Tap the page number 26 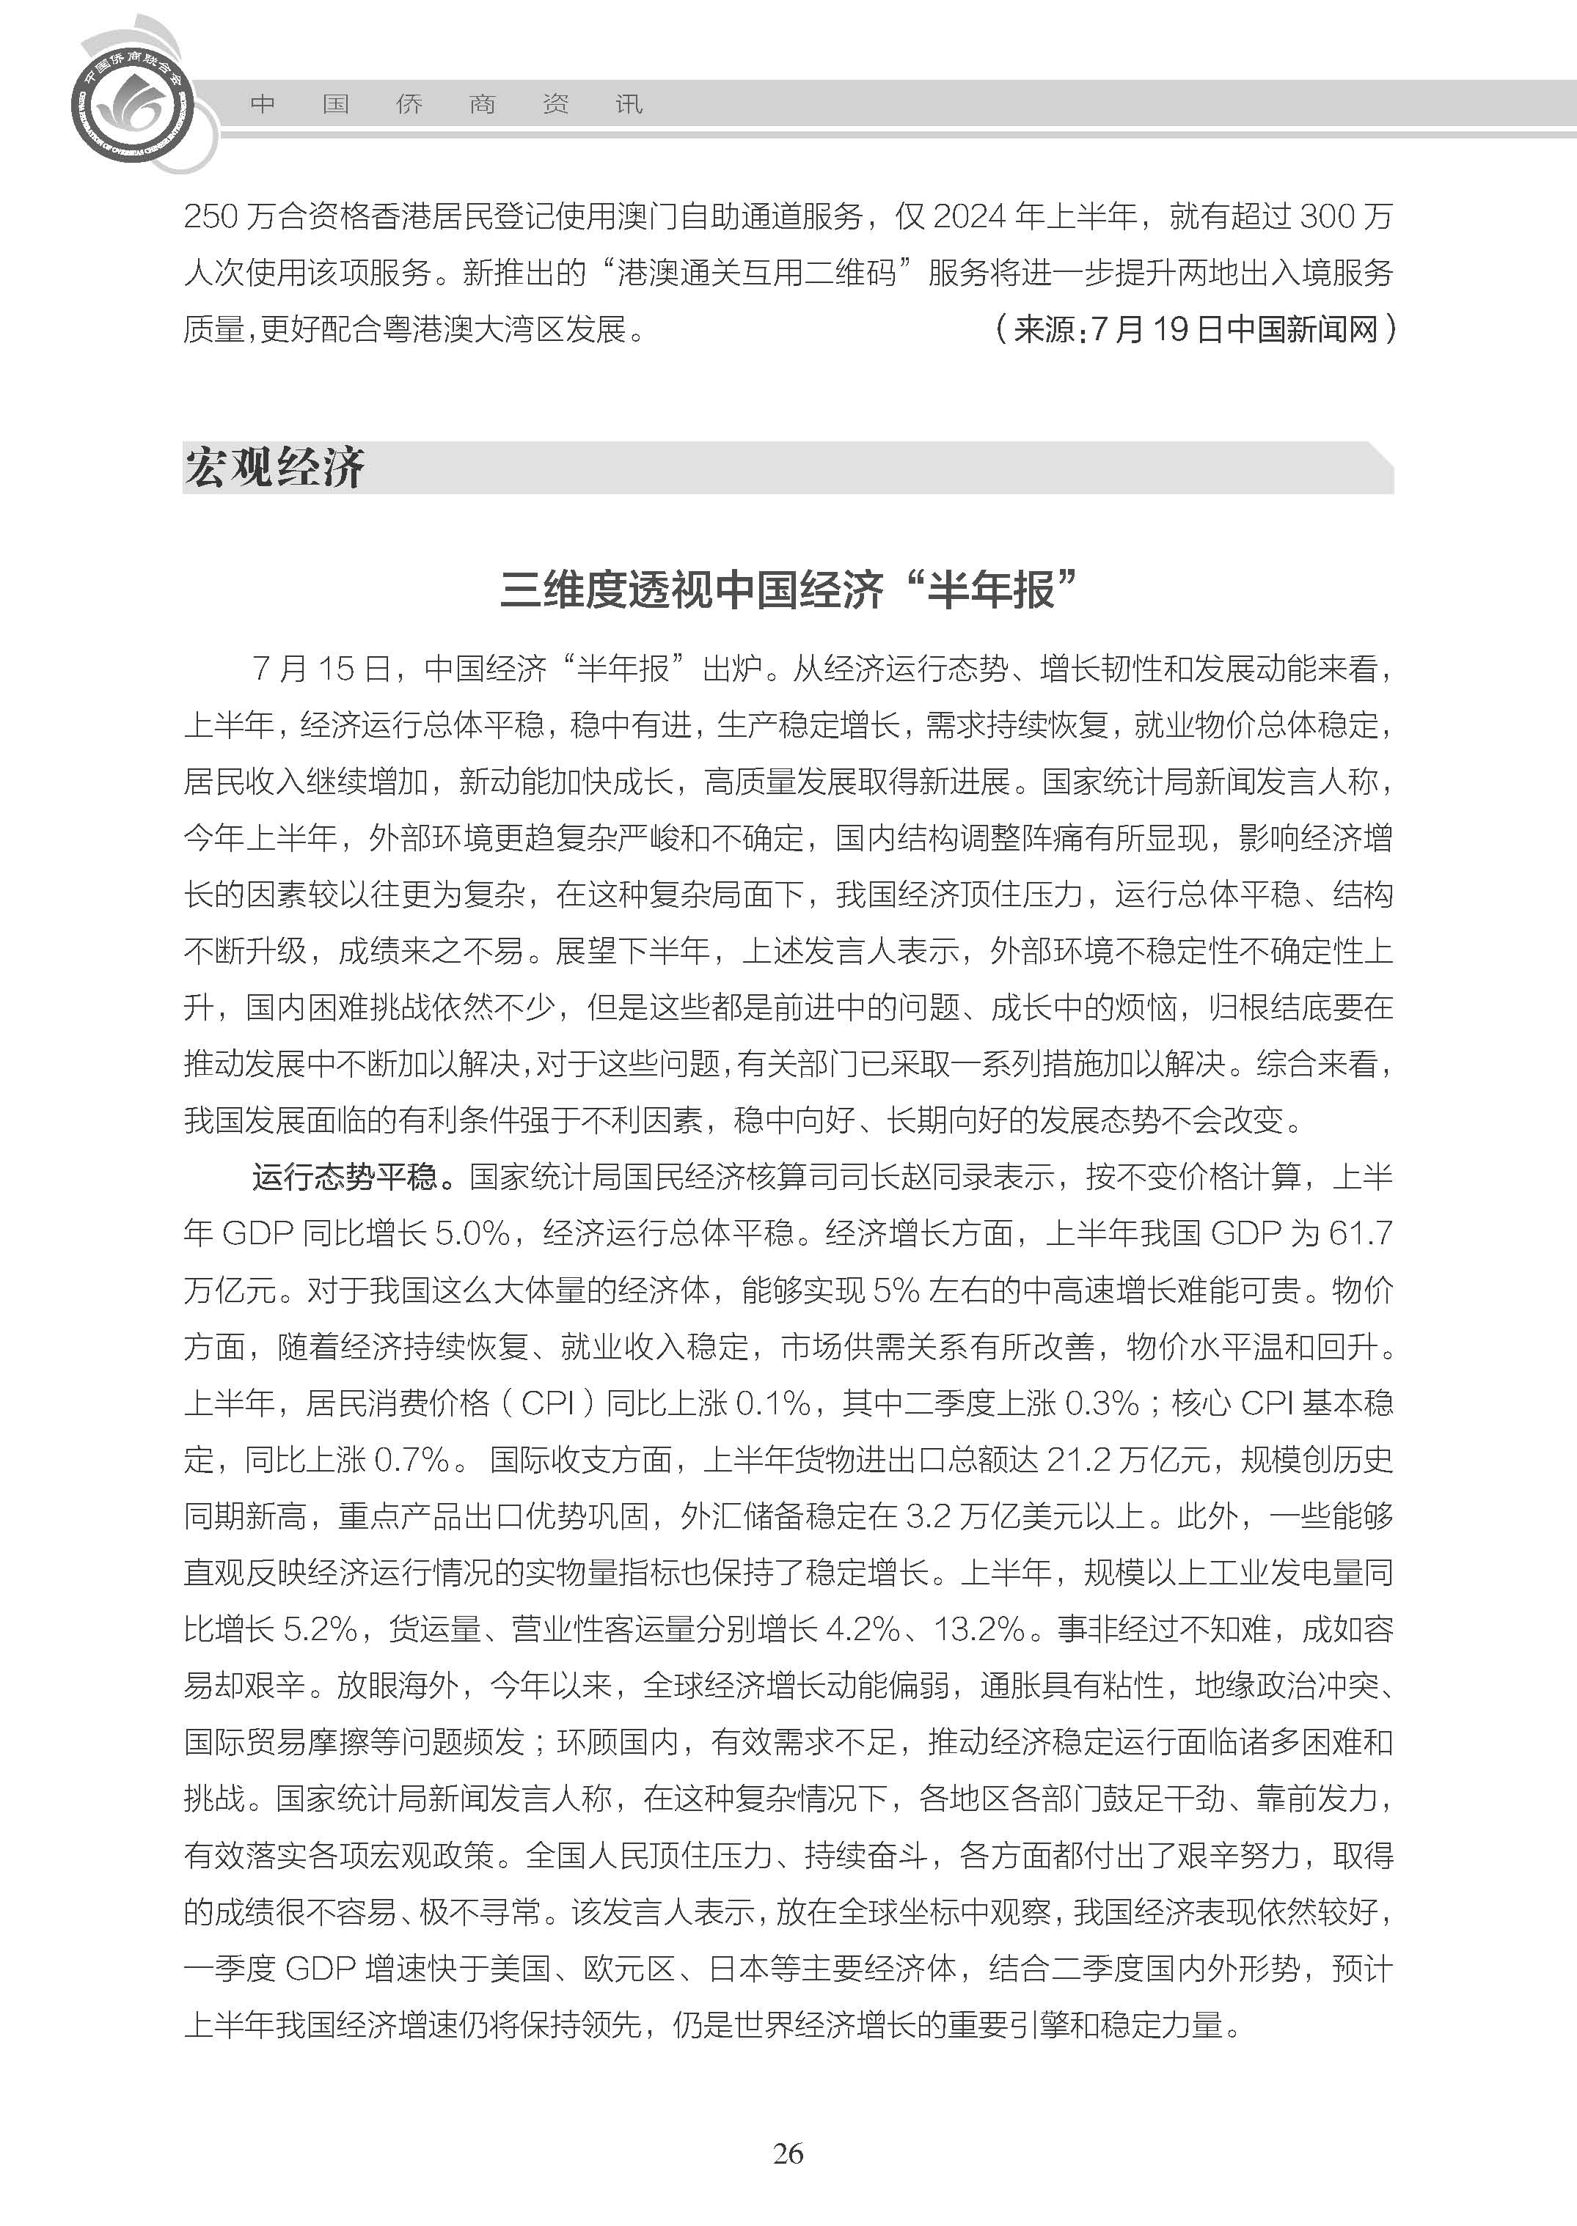788,2181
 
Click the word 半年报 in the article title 990,589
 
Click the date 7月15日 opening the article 321,668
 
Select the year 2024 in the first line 968,216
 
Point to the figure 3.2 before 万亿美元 926,1516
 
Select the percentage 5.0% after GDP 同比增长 472,1233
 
